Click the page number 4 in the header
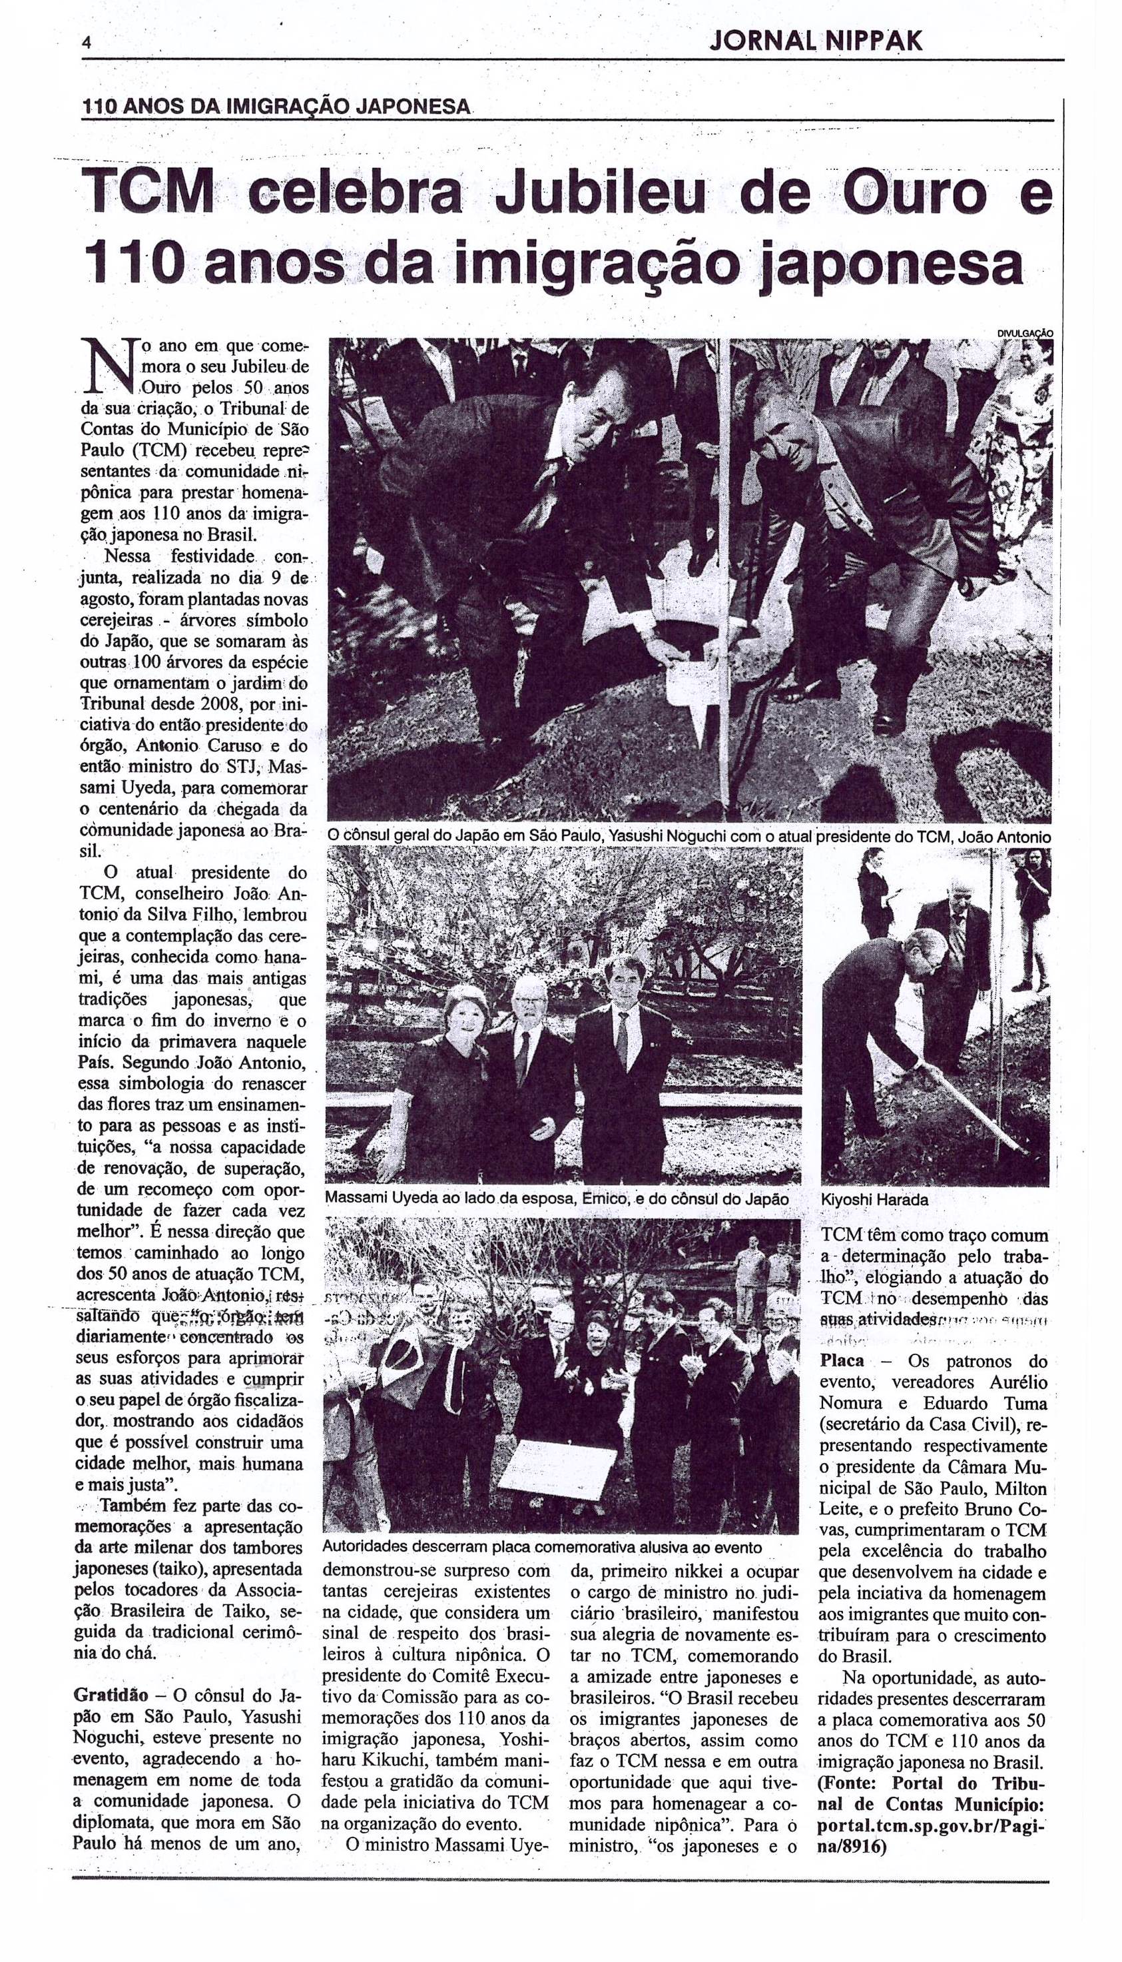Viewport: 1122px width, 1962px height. [87, 44]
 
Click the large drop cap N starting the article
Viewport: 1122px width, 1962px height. [107, 368]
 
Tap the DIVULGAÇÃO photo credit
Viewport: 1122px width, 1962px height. [1025, 333]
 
